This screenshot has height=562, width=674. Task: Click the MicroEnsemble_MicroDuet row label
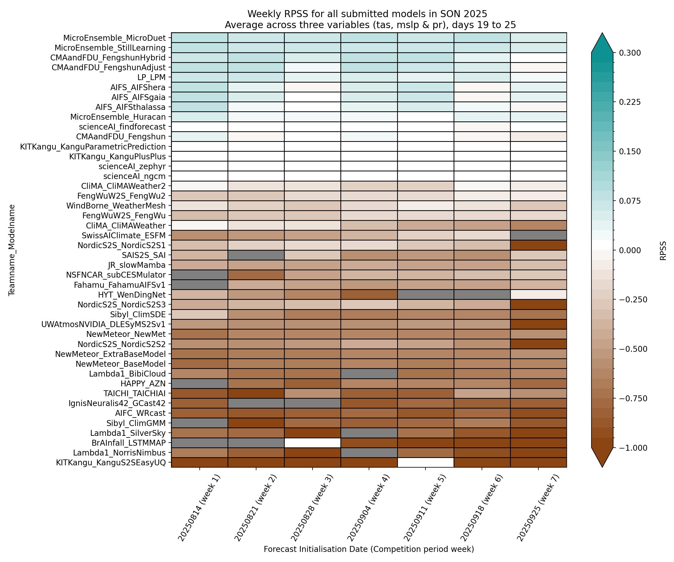114,38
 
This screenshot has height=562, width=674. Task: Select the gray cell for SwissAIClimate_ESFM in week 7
538,235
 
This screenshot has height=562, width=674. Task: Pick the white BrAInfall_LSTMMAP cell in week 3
312,443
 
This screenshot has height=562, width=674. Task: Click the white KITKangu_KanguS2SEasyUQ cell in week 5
425,463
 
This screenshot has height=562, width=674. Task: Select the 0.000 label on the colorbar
630,250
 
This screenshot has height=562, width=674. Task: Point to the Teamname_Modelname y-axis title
12,250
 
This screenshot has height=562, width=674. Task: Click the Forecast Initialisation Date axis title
369,549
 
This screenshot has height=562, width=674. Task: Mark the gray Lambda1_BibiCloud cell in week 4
369,374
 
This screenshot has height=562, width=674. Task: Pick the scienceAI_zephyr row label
132,166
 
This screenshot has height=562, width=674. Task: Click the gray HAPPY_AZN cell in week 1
199,384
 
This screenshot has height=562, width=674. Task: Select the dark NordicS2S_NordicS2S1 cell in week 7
538,245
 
